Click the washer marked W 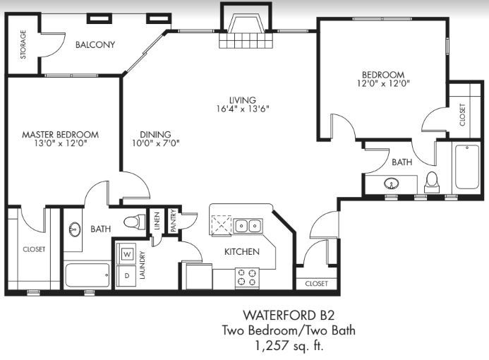pos(126,254)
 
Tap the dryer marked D pos(126,276)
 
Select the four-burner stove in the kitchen pos(247,277)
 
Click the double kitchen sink pos(248,225)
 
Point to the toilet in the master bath pos(135,222)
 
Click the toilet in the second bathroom pos(432,183)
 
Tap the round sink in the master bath pos(75,230)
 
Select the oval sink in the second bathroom pos(391,183)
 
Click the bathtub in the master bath pos(87,275)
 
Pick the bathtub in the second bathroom pos(467,167)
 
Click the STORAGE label pos(23,44)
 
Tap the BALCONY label pos(95,44)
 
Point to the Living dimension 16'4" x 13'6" pos(243,109)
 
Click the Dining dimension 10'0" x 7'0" pos(156,143)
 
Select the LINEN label pos(157,220)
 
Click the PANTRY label pos(174,220)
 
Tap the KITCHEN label pos(242,251)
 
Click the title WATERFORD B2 pos(289,316)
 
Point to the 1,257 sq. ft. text pos(289,346)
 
